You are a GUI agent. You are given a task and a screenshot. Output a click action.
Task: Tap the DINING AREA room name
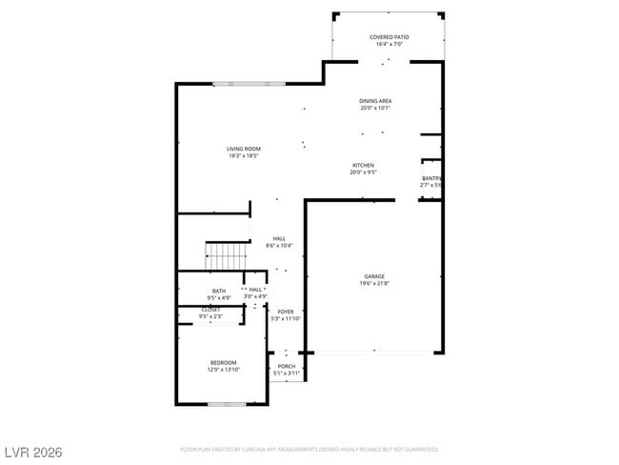pos(375,101)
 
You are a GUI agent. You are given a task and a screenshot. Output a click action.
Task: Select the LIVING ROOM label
pos(244,149)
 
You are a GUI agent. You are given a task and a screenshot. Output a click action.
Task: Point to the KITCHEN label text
pos(363,166)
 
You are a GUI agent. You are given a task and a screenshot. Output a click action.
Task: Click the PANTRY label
pos(431,178)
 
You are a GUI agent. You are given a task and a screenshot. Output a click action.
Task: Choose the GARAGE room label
pos(374,276)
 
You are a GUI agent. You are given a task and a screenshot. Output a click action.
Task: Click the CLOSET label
pos(211,310)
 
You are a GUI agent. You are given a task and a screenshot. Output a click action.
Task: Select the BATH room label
pos(219,291)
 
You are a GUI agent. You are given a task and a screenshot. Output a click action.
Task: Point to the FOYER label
pos(286,312)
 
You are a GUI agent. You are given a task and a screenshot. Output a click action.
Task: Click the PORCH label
pos(286,366)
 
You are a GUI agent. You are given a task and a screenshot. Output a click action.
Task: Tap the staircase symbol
pos(227,255)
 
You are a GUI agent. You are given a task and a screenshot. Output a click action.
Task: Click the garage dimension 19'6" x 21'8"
pos(374,283)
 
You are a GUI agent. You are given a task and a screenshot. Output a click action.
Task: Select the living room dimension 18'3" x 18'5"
pos(244,156)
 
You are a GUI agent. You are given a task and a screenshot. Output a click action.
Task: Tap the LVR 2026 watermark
pos(33,451)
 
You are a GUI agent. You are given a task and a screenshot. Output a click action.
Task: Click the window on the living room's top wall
pos(249,84)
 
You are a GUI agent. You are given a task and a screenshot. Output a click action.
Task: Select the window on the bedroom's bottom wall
pos(227,404)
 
